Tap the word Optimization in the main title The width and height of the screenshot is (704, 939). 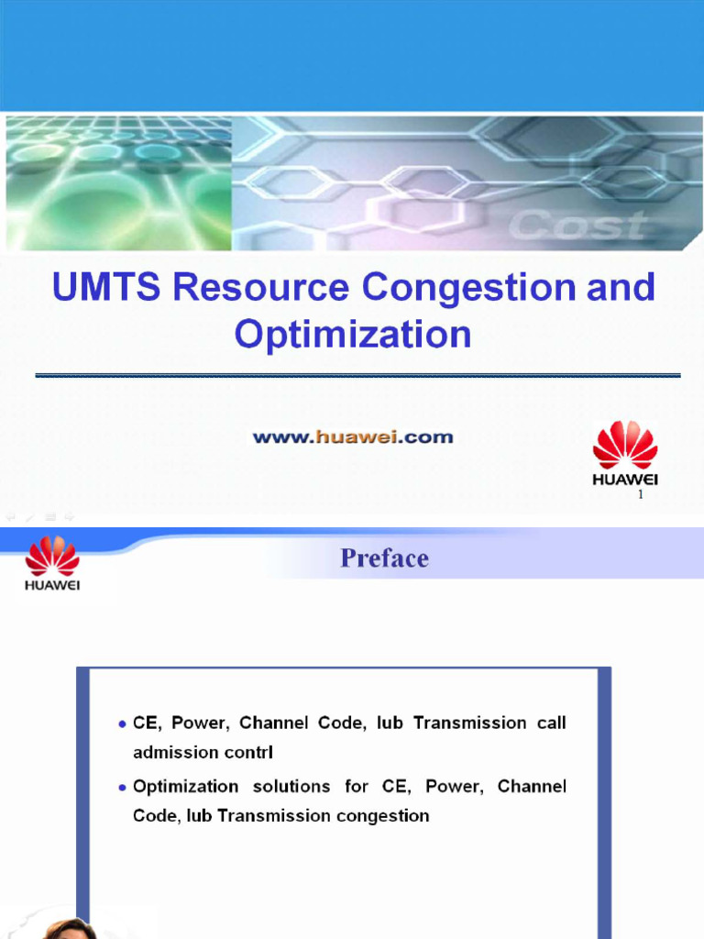(353, 334)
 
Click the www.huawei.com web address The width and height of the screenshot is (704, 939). (353, 437)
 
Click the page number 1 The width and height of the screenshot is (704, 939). (642, 495)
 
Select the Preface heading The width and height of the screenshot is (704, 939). (384, 558)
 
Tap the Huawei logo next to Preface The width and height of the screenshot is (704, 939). (52, 562)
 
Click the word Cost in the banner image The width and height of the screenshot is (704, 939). (577, 225)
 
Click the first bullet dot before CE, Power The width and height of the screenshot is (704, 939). (122, 724)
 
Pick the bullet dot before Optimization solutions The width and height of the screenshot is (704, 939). (122, 788)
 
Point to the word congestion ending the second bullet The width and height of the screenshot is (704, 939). (383, 815)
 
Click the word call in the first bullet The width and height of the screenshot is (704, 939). (552, 723)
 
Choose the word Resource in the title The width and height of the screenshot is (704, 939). (261, 288)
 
